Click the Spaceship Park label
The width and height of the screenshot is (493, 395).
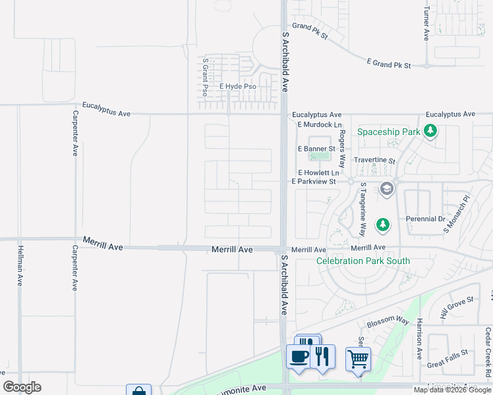click(x=388, y=132)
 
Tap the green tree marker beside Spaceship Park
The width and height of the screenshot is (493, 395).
click(x=430, y=132)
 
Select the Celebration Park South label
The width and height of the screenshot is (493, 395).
click(x=363, y=261)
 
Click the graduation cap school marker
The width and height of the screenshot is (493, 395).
click(x=387, y=190)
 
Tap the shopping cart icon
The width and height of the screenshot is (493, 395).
click(x=358, y=359)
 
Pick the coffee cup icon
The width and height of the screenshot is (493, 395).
click(x=299, y=357)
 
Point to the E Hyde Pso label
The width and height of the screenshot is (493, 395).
click(x=238, y=87)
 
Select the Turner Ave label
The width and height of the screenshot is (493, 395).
click(x=427, y=24)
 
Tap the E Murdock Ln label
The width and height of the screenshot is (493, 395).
click(x=320, y=124)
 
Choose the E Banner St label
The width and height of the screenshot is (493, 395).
click(x=316, y=149)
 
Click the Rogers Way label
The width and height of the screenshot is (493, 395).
click(x=342, y=148)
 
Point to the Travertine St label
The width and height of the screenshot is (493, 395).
click(x=374, y=160)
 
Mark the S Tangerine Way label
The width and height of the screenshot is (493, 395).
click(x=362, y=210)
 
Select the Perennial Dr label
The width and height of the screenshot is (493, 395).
click(x=426, y=219)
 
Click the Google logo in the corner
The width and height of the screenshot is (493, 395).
click(x=22, y=387)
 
